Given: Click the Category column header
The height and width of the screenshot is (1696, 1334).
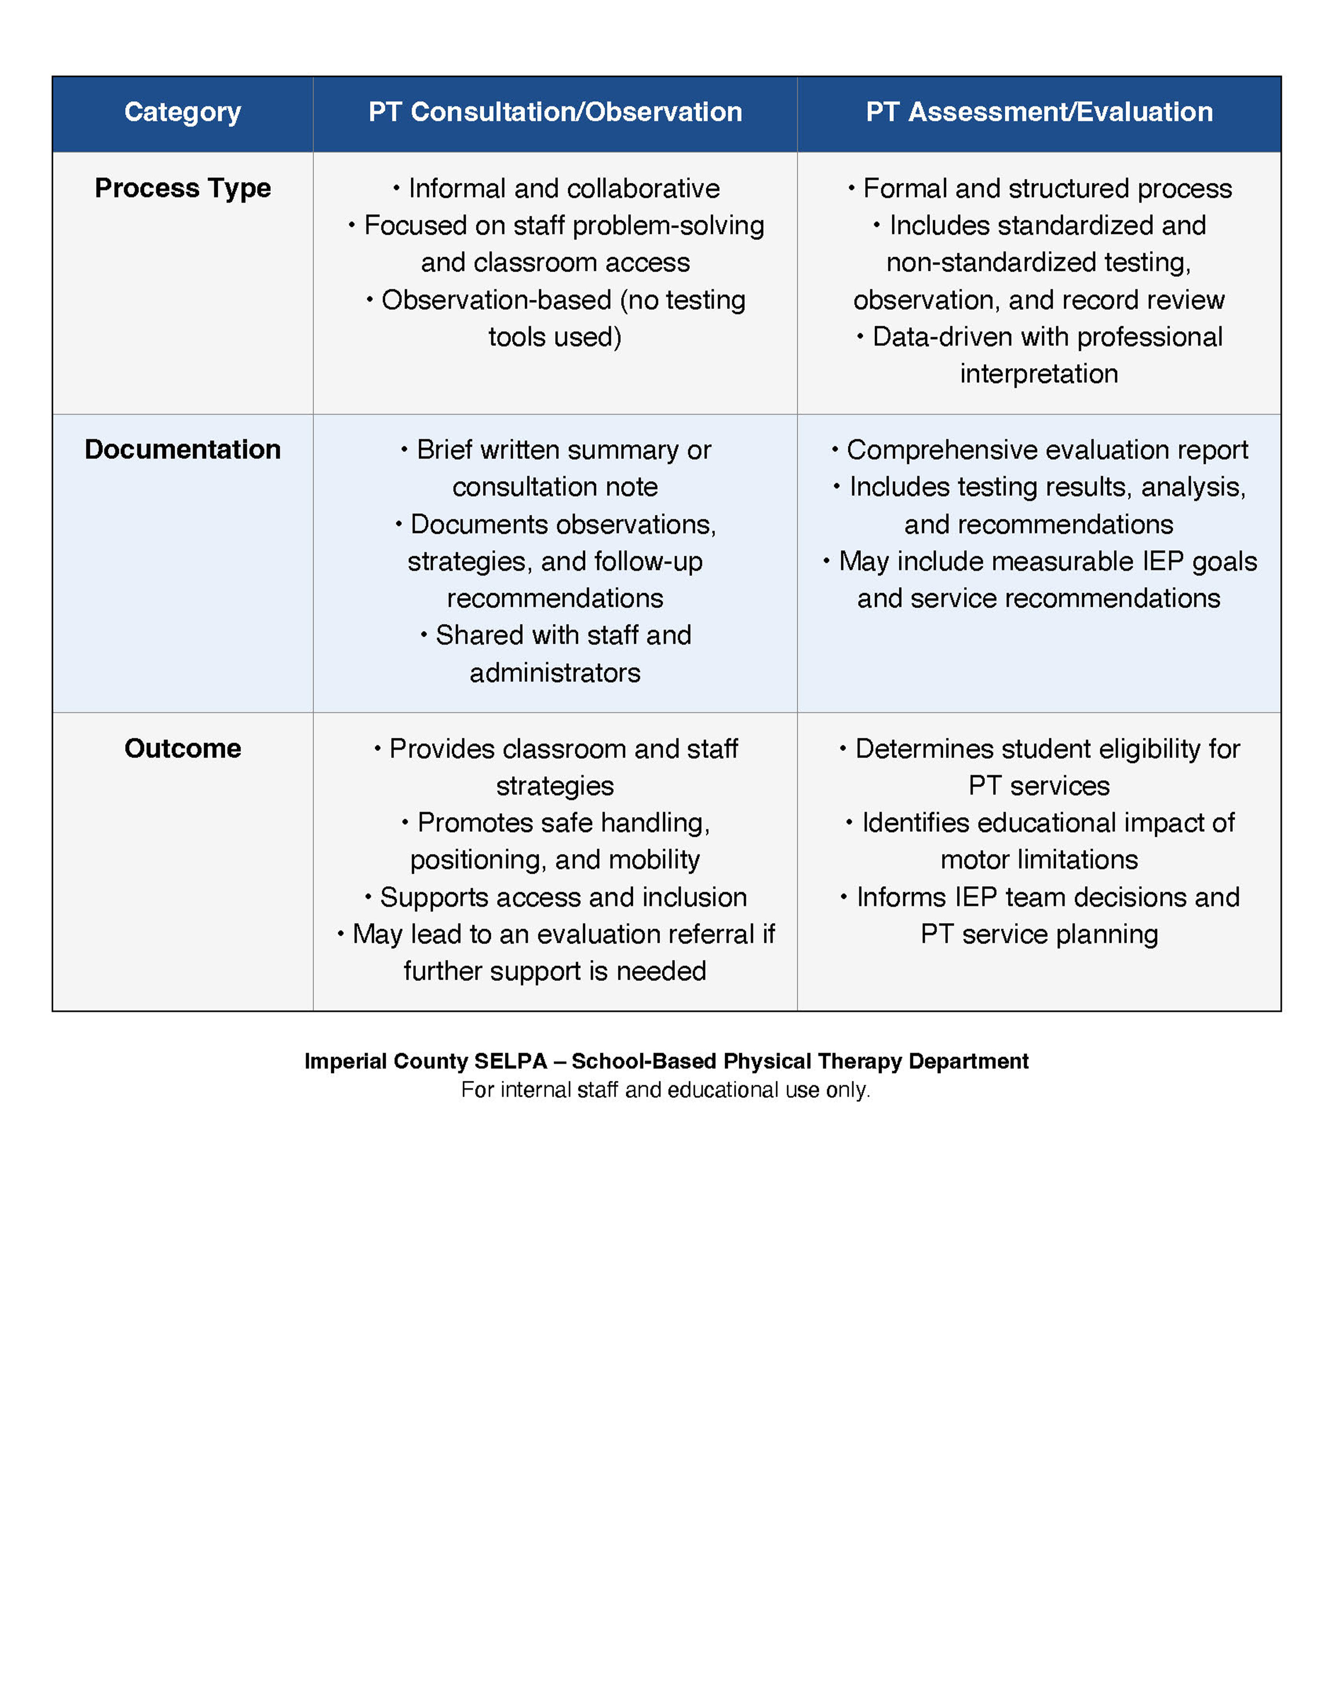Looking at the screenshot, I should pos(182,112).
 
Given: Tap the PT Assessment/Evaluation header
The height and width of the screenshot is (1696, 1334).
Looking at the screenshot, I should pos(1039,112).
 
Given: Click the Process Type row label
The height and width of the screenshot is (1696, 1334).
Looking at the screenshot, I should pos(182,188).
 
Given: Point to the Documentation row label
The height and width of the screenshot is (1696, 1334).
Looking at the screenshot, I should pos(182,450).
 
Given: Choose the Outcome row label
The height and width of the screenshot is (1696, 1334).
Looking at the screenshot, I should pos(182,748).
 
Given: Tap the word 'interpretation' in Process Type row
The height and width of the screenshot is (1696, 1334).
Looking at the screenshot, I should pos(1039,374).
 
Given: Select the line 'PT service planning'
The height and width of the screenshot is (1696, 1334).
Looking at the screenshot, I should pos(1039,934).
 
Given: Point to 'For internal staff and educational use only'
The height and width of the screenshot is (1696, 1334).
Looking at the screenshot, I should pos(666,1090).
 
